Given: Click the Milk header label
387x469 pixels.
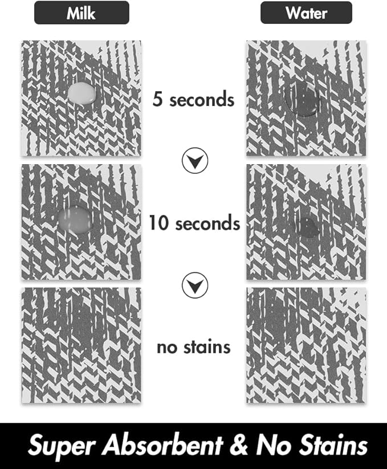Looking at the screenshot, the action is pos(82,13).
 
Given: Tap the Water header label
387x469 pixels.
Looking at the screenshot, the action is pos(306,13).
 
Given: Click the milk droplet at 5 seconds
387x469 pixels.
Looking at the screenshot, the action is pos(82,93).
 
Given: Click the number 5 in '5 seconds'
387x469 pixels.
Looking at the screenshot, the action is pos(158,99).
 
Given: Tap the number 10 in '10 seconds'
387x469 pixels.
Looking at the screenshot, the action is pos(160,223).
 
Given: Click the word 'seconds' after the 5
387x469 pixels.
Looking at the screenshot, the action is pos(202,99).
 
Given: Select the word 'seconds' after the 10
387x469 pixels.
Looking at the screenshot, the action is pos(207,223).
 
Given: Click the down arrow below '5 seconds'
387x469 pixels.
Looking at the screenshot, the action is pos(195,161).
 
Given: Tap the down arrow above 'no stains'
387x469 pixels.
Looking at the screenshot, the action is pos(195,285).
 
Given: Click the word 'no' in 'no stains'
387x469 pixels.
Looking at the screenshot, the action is pos(167,348).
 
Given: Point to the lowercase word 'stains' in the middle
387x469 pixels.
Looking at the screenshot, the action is pos(207,347).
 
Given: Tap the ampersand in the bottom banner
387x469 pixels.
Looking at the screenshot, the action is pos(239,444).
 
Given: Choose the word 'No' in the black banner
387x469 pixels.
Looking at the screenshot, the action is pos(274,444).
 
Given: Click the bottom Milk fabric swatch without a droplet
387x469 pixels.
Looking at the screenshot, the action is pos(82,345).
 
